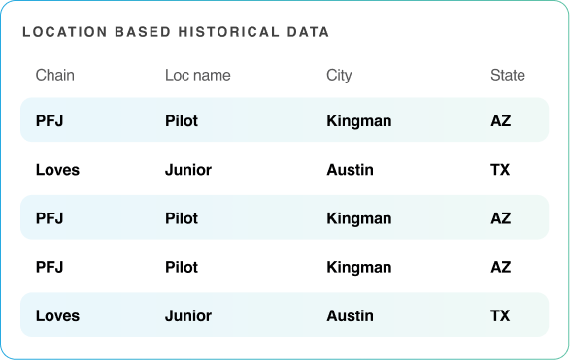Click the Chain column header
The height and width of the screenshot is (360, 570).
[54, 75]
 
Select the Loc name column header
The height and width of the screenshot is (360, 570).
[197, 75]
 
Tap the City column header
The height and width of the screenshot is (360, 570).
[339, 75]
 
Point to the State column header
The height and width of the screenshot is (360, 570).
[507, 75]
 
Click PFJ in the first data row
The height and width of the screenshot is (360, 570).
[50, 121]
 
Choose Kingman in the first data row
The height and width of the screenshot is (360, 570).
[359, 121]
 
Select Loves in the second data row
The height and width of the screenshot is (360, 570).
[57, 170]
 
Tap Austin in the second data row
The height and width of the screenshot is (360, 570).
[350, 170]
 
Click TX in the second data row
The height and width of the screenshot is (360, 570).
[500, 170]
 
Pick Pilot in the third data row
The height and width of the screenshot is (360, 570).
[182, 218]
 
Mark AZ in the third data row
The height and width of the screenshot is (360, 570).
[500, 218]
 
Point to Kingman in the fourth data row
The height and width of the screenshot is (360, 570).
[359, 267]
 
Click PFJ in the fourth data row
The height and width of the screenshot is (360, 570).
[50, 267]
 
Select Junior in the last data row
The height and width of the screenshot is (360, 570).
[188, 315]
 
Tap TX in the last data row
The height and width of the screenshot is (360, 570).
[500, 315]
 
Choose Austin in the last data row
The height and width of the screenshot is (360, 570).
[350, 315]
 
